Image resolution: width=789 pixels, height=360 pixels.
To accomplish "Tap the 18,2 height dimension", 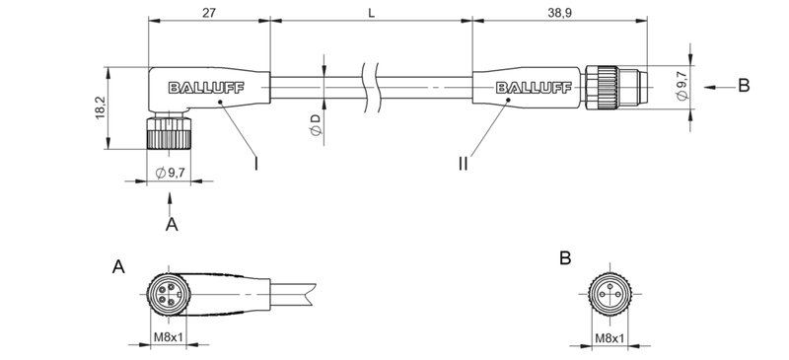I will point(97,108).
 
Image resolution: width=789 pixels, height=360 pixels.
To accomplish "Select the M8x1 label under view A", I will point(172,339).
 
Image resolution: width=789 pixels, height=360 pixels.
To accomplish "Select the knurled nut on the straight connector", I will point(605,87).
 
